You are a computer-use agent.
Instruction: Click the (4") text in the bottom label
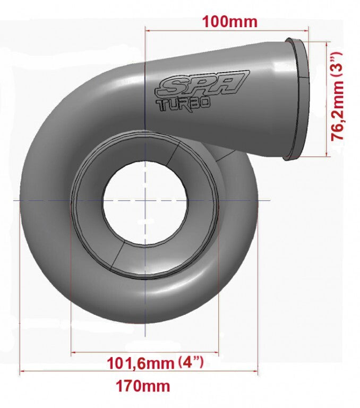tap(191, 363)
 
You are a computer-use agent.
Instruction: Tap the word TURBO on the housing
tap(183, 105)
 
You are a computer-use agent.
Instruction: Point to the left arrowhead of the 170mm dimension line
tap(22, 371)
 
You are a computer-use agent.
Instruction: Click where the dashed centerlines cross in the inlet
tap(145, 200)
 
